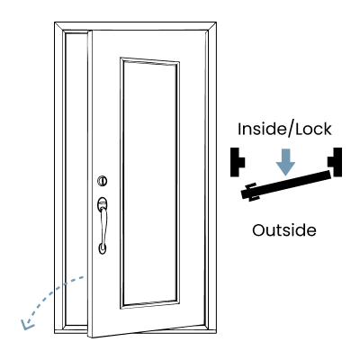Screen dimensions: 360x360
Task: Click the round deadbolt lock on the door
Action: tap(103, 181)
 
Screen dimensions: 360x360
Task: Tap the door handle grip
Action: tap(103, 225)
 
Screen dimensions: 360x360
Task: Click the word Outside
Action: tap(284, 230)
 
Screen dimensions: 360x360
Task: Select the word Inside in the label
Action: tap(260, 130)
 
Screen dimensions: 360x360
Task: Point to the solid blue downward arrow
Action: tap(285, 162)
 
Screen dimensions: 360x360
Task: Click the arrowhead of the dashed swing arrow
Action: tap(27, 325)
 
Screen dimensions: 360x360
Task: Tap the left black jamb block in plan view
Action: tap(237, 162)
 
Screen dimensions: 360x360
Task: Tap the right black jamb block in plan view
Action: tap(335, 162)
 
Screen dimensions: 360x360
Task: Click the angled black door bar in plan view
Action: tap(286, 184)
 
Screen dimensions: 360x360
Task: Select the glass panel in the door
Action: tap(150, 183)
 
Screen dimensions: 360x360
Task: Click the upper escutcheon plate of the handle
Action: tap(103, 203)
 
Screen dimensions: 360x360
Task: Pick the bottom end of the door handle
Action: tap(103, 249)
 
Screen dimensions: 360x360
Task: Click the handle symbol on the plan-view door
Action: tap(251, 192)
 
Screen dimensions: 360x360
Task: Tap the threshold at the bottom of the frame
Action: tap(135, 331)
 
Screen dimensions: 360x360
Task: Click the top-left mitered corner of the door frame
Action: tap(55, 22)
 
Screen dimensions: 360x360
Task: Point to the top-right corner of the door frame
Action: tap(216, 22)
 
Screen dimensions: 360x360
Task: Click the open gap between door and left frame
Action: tap(76, 180)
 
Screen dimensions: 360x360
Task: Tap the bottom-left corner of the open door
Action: tap(89, 337)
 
